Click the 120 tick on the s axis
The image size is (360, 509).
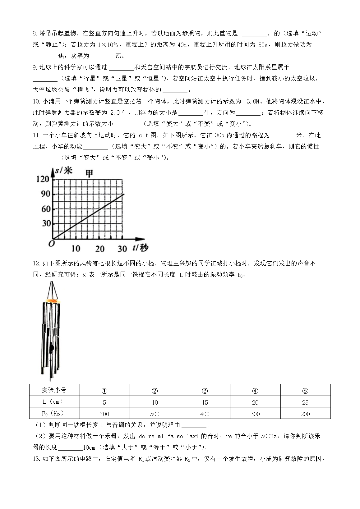[43, 179]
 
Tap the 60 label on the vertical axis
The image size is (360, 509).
[45, 209]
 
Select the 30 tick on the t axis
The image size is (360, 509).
[122, 249]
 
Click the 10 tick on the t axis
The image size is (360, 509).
[76, 249]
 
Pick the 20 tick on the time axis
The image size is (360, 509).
[100, 249]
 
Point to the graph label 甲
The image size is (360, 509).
[89, 173]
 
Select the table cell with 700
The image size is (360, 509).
[104, 414]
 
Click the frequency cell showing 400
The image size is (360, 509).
[205, 414]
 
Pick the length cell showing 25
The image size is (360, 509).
[305, 402]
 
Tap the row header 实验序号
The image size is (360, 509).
[54, 390]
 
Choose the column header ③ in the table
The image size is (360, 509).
[205, 391]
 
